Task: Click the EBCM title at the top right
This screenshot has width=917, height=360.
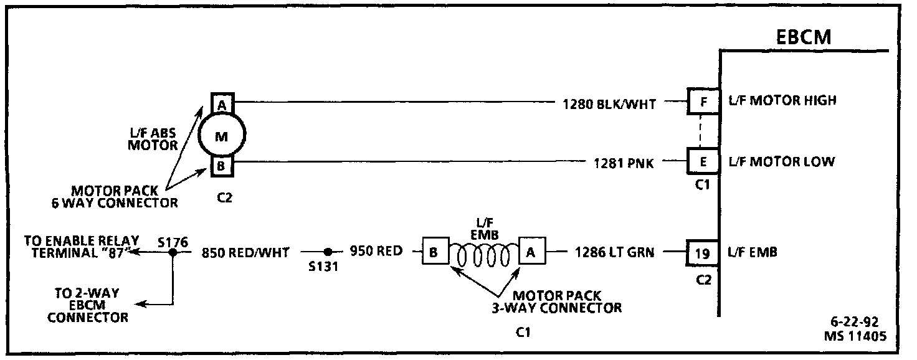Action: [804, 37]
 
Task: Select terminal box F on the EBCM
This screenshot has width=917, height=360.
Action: [703, 101]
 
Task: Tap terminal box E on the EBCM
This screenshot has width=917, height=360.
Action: [703, 162]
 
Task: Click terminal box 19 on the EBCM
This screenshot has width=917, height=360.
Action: [703, 253]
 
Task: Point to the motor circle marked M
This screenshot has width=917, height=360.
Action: [222, 136]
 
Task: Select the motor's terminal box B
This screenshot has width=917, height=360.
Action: [222, 167]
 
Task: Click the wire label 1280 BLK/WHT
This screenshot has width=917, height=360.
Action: [609, 105]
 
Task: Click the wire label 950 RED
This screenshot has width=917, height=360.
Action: [376, 252]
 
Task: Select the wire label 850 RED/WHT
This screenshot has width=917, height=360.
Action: [245, 253]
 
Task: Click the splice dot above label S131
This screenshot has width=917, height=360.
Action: [327, 252]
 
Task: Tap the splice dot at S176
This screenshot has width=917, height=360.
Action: [174, 252]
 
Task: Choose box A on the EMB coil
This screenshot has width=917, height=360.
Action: [531, 252]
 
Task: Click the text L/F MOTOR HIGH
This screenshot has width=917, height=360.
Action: [782, 101]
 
